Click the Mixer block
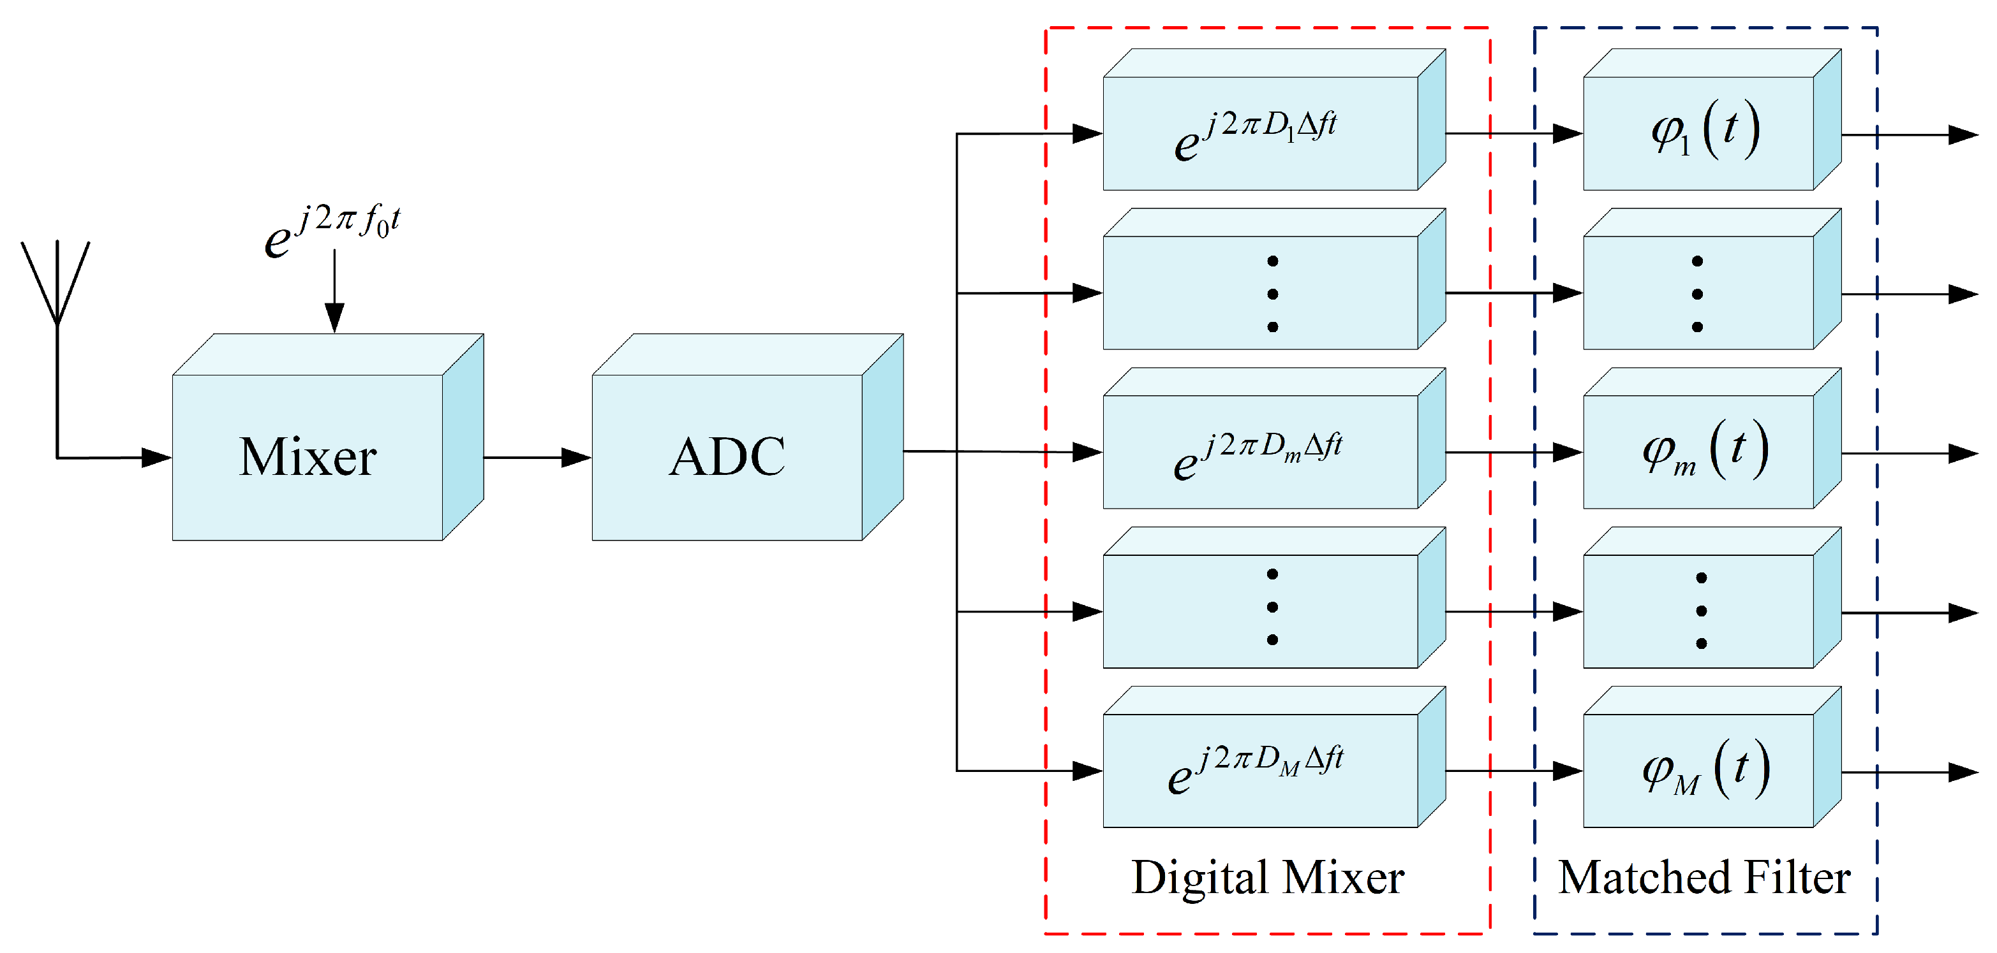click(308, 456)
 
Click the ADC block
click(727, 456)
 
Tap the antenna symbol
click(56, 283)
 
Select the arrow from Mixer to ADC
click(537, 457)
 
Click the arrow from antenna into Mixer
click(116, 457)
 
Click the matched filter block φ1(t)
click(1698, 133)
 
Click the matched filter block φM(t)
click(1698, 770)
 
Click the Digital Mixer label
click(1268, 878)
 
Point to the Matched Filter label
click(1704, 878)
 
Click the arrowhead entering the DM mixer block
click(1087, 771)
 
